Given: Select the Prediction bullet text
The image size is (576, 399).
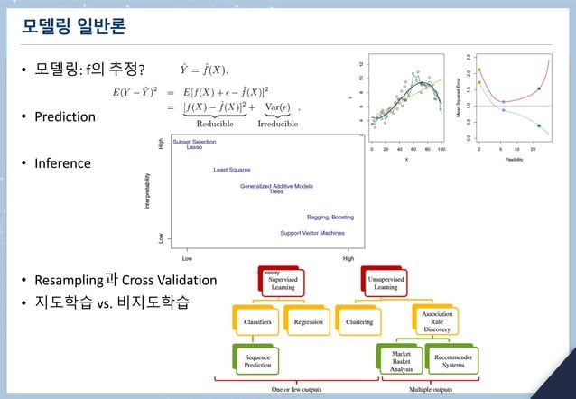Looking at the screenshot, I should (64, 116).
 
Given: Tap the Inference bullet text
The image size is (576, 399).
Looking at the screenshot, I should (62, 163).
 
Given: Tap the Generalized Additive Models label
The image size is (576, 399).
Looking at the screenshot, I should (276, 186).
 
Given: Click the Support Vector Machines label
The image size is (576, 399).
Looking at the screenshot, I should (311, 233).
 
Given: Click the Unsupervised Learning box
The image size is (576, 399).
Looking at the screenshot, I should (391, 282).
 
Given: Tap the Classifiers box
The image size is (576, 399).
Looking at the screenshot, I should (255, 320).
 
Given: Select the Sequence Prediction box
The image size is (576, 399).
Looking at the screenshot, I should (255, 362).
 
